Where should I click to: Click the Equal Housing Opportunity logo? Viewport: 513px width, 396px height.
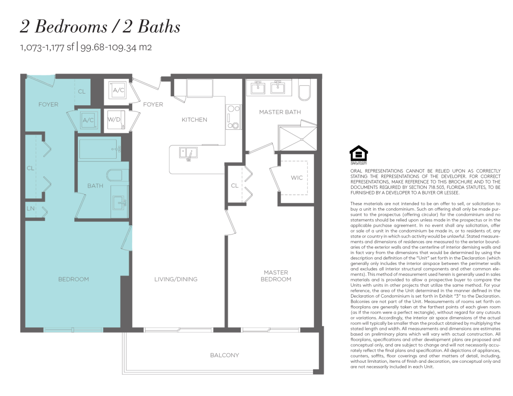click(358, 155)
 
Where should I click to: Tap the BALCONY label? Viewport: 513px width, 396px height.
click(225, 355)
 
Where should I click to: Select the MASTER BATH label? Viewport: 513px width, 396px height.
click(280, 112)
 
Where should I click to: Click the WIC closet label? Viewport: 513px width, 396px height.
click(297, 178)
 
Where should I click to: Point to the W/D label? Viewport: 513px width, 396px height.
click(114, 119)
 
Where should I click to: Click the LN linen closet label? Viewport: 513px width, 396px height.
click(30, 208)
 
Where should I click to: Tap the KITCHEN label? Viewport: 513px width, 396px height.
click(194, 120)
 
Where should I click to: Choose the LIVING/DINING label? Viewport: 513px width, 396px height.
click(176, 280)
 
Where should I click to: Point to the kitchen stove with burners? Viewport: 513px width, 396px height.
click(233, 117)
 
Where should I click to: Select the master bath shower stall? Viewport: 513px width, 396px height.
click(298, 138)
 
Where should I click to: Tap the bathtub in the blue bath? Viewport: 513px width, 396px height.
click(98, 149)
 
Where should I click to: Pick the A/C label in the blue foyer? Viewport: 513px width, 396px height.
click(88, 120)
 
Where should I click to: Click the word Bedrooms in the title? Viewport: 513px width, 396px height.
click(71, 26)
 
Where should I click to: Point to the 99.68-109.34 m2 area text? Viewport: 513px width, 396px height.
click(116, 47)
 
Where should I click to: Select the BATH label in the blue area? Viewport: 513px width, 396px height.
click(95, 186)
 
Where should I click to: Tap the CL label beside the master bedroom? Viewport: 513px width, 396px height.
click(234, 185)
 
